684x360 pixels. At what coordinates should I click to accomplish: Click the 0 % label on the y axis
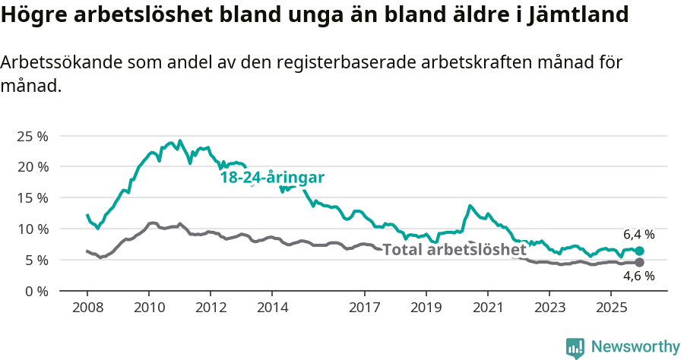pos(37,291)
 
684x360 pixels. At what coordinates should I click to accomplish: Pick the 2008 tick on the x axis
pos(87,308)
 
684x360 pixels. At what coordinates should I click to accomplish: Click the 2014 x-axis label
pos(272,308)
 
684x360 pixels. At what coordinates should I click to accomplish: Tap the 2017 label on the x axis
pos(364,308)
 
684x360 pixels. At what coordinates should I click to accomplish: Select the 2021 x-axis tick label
pos(487,308)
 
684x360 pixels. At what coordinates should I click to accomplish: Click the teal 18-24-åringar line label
pos(272,178)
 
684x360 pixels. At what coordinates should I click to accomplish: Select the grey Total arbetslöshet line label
pos(454,250)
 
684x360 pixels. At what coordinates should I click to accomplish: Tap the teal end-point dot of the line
pos(639,251)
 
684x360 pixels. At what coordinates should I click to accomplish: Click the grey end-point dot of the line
pos(639,263)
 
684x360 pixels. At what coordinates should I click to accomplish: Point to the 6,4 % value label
pos(639,234)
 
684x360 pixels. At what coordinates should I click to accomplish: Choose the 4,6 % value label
pos(639,276)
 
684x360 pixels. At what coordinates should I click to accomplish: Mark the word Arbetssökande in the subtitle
pos(55,62)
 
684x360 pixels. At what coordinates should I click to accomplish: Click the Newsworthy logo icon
pos(575,348)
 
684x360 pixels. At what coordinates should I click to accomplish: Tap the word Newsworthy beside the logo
pos(635,347)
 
